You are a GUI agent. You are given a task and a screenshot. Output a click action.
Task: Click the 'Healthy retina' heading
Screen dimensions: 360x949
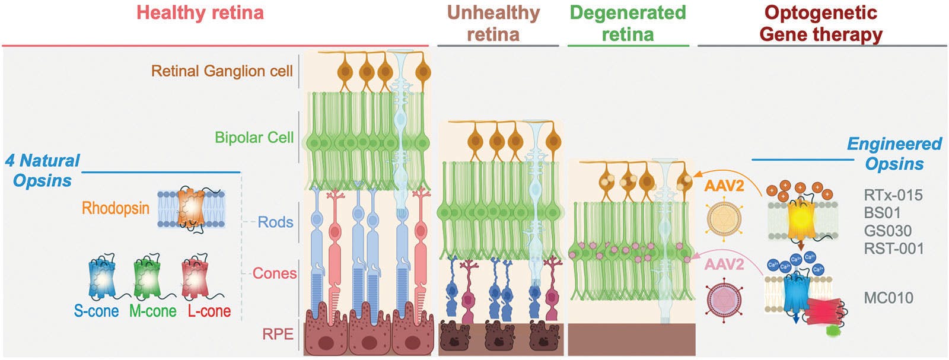tap(200, 13)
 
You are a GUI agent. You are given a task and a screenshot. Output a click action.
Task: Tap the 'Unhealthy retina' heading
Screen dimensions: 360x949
tap(493, 23)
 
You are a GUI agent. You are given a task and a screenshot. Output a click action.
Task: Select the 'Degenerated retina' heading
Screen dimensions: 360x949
tap(628, 23)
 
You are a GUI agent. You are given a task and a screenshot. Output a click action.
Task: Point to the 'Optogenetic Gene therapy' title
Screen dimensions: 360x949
tap(821, 23)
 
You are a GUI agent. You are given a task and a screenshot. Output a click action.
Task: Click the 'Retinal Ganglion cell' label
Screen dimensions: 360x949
tap(222, 71)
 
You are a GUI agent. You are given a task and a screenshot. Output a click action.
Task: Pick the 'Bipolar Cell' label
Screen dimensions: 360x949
tap(254, 138)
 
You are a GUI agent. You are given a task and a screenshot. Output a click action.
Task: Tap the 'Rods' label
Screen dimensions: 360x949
tap(275, 222)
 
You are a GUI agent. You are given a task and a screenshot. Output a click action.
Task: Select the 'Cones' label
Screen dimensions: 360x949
tap(274, 273)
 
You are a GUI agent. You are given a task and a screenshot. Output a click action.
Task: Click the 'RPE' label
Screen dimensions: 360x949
tap(278, 334)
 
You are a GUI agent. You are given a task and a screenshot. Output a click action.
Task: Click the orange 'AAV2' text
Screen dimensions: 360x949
tap(724, 186)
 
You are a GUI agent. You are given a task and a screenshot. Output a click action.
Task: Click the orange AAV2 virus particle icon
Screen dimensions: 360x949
tap(724, 218)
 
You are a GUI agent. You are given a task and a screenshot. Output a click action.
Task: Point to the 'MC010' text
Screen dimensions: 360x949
tap(888, 297)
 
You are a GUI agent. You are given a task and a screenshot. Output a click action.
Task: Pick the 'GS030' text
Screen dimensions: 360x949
tap(887, 230)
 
